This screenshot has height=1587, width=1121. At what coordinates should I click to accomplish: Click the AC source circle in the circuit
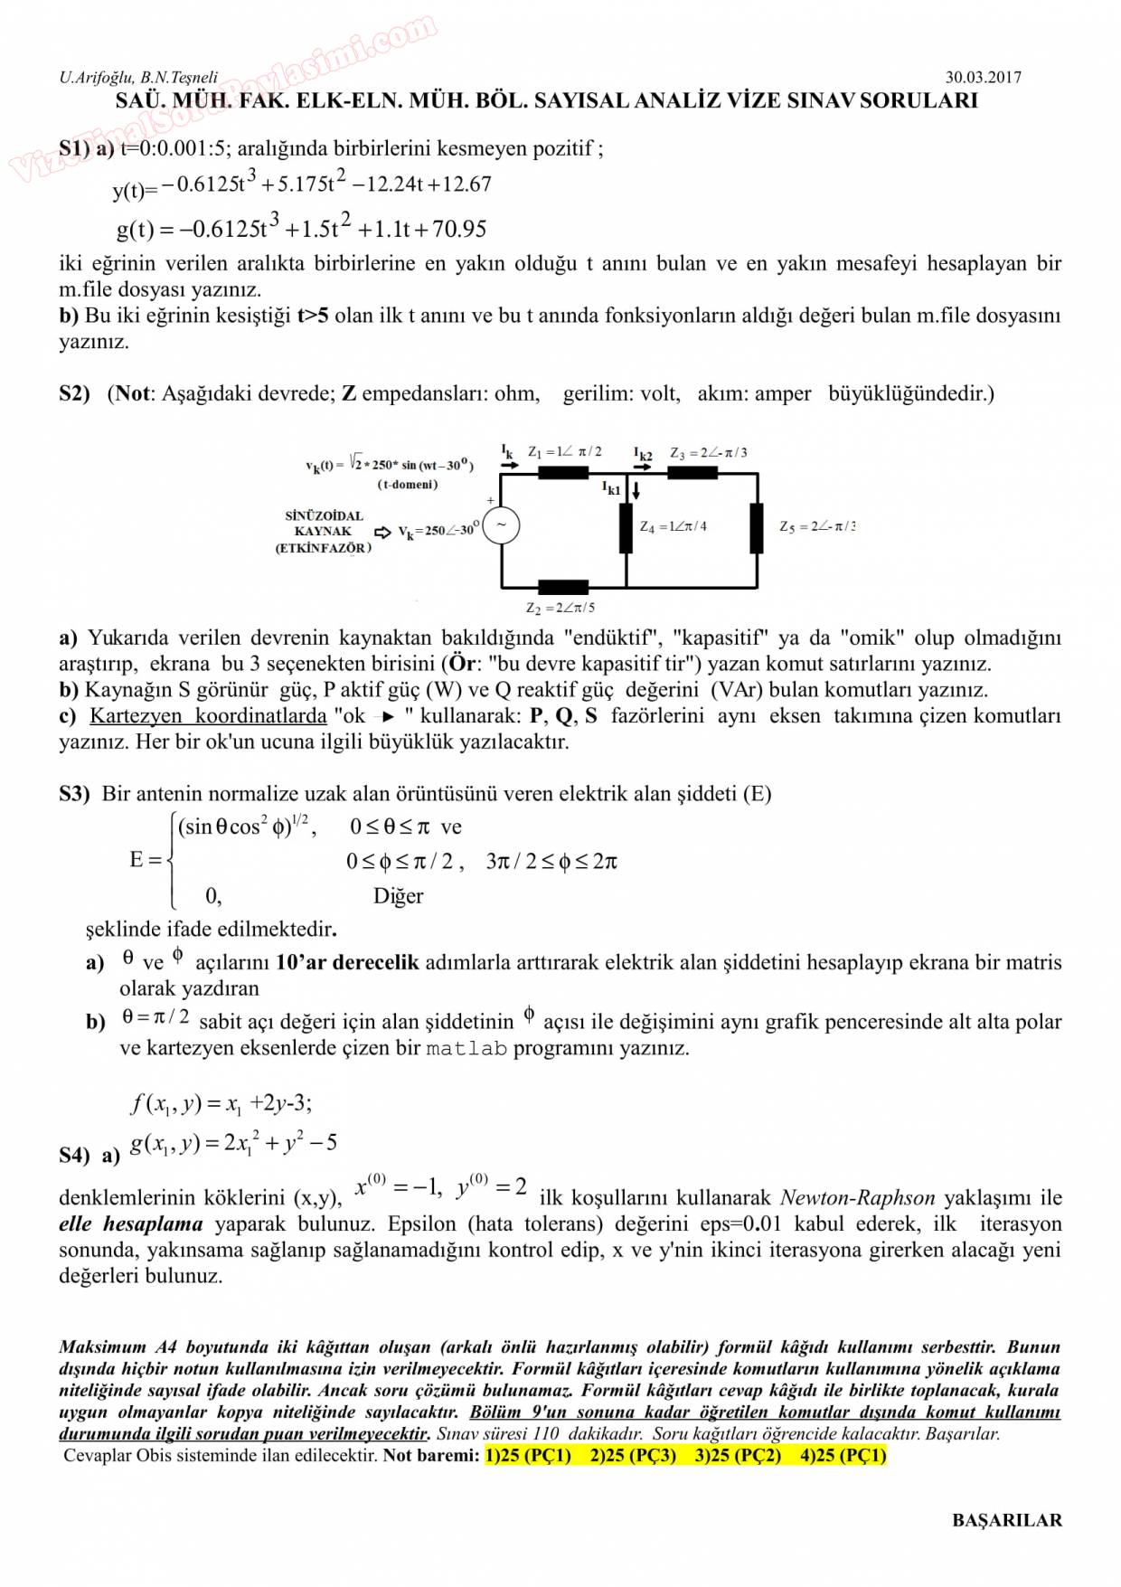501,525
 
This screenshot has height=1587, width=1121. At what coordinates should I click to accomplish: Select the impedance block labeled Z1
562,473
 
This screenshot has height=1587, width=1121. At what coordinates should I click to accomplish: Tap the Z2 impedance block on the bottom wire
562,587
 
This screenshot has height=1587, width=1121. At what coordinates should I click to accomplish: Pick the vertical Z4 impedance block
626,528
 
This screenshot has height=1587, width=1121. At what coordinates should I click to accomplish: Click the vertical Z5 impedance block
757,528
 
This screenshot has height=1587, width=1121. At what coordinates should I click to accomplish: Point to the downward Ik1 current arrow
636,491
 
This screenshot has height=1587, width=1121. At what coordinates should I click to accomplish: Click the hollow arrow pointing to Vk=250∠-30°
383,533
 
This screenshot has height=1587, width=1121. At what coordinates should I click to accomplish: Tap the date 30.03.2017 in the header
984,78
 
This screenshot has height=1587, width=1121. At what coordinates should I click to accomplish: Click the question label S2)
74,394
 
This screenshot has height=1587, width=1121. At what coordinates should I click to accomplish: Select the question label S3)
74,794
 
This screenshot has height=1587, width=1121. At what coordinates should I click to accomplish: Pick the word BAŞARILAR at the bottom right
1007,1520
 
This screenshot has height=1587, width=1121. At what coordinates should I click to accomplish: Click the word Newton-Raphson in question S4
857,1198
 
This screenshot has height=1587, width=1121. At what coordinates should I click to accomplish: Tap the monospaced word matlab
466,1049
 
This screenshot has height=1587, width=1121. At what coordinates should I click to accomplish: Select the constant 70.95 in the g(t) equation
459,230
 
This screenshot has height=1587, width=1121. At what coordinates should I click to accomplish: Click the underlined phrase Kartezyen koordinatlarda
208,716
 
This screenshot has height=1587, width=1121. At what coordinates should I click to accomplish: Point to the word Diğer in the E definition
398,896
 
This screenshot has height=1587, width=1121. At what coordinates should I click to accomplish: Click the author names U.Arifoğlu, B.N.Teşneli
138,78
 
